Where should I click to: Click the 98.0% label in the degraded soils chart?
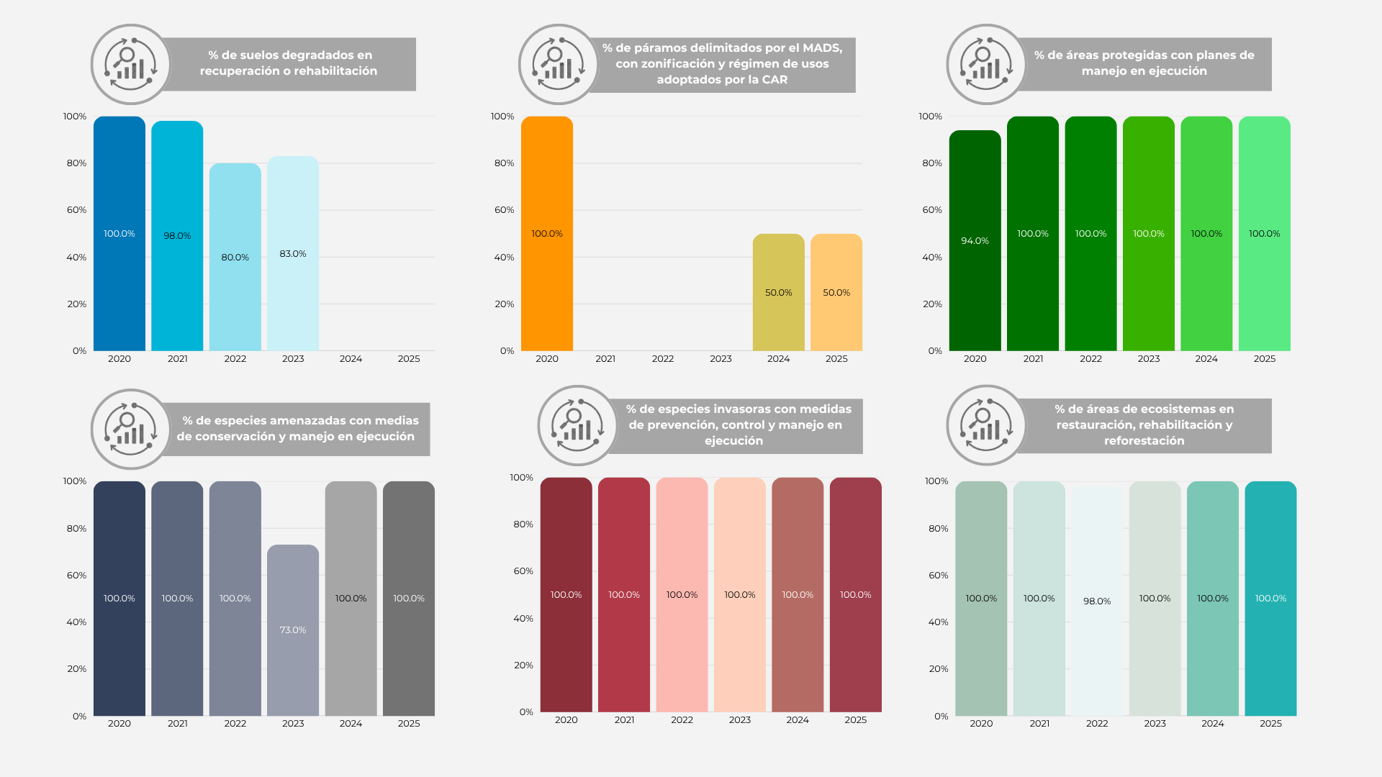[x=177, y=236]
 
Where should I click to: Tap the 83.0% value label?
[x=293, y=254]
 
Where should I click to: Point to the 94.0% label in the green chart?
[x=975, y=241]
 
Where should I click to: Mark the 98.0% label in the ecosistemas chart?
[x=1097, y=601]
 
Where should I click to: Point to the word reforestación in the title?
[x=1144, y=441]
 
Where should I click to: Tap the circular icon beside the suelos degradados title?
[x=130, y=64]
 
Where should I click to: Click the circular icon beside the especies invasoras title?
[x=577, y=425]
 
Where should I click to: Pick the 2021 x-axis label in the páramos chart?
[x=605, y=359]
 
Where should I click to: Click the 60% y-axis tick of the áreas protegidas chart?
[x=932, y=210]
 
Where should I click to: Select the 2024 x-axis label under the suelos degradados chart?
[x=351, y=359]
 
